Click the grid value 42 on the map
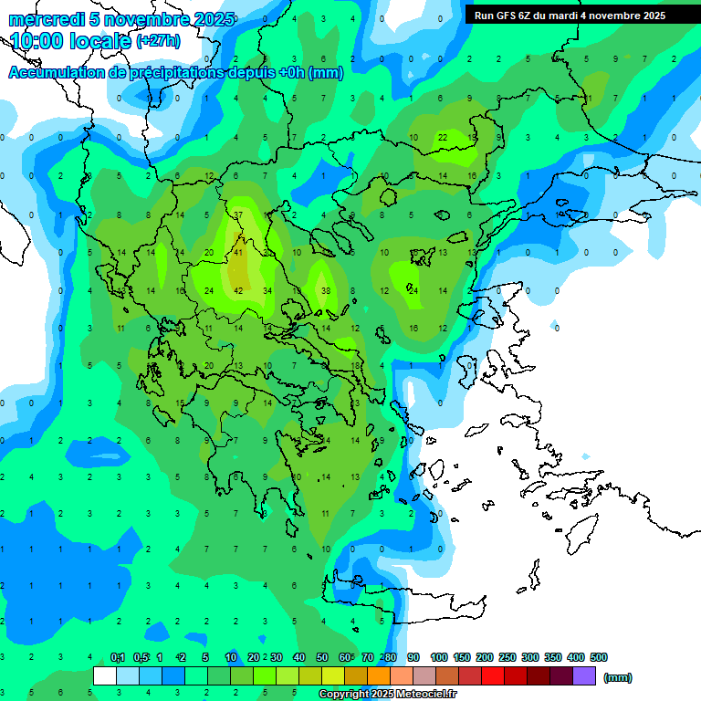pyautogui.click(x=238, y=291)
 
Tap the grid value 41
pyautogui.click(x=238, y=253)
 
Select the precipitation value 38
pyautogui.click(x=325, y=291)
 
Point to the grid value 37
pyautogui.click(x=238, y=214)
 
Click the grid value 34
pyautogui.click(x=267, y=291)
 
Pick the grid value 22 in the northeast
pyautogui.click(x=443, y=137)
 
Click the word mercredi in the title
pyautogui.click(x=42, y=19)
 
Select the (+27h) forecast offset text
pyautogui.click(x=158, y=41)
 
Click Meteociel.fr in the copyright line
pyautogui.click(x=425, y=695)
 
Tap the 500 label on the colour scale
pyautogui.click(x=599, y=657)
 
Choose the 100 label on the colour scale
pyautogui.click(x=439, y=657)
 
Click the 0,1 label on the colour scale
pyautogui.click(x=117, y=657)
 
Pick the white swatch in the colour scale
pyautogui.click(x=105, y=676)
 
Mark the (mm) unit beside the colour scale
pyautogui.click(x=618, y=677)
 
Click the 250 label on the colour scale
pyautogui.click(x=507, y=657)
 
